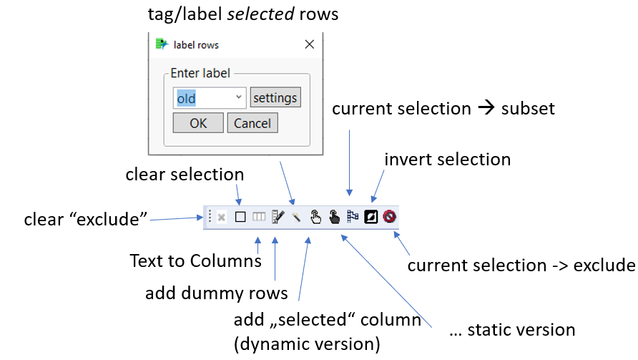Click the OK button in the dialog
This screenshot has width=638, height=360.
(x=198, y=123)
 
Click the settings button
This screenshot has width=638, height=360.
(x=275, y=97)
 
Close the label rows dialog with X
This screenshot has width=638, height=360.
(x=310, y=44)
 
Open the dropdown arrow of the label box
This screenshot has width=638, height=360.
(x=239, y=97)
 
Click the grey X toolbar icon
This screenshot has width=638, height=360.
(x=222, y=217)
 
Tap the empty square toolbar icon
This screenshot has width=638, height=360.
(x=240, y=217)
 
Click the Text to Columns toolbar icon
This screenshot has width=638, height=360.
(x=259, y=217)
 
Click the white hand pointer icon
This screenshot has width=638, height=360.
(x=315, y=217)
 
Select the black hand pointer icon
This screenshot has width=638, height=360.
(x=334, y=217)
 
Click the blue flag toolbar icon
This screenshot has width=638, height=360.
(x=353, y=217)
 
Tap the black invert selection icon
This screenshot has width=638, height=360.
(x=371, y=217)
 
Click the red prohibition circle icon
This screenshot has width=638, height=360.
(x=390, y=217)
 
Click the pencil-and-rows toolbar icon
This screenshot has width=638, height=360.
(x=278, y=217)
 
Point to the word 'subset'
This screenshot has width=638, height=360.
(x=529, y=109)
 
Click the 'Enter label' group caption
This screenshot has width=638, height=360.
(x=200, y=73)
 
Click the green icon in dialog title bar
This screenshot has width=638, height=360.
(x=162, y=44)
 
